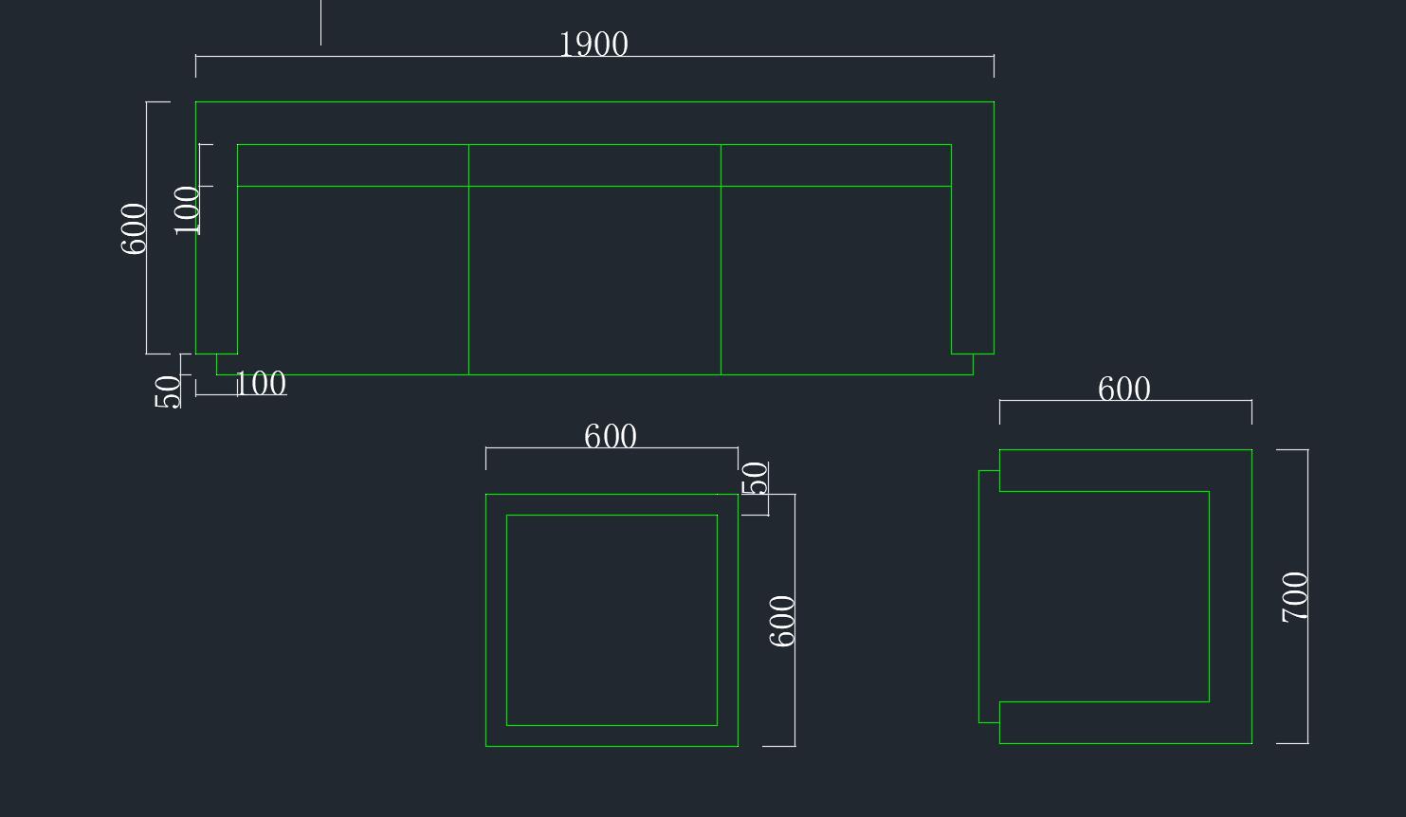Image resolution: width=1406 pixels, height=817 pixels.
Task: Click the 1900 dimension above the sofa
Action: pyautogui.click(x=593, y=45)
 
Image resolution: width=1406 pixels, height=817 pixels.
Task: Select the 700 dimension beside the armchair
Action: pyautogui.click(x=1294, y=596)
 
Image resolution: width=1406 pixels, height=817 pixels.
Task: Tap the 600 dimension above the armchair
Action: pyautogui.click(x=1124, y=390)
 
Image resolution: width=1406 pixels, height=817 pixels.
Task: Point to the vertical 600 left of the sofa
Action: pyautogui.click(x=134, y=228)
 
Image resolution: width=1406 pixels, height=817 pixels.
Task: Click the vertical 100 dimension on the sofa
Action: pyautogui.click(x=188, y=209)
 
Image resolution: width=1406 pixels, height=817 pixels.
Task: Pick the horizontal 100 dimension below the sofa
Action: pyautogui.click(x=260, y=384)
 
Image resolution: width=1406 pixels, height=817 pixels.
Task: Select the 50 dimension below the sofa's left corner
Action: pyautogui.click(x=168, y=391)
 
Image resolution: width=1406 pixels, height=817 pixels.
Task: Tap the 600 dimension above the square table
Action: pyautogui.click(x=611, y=437)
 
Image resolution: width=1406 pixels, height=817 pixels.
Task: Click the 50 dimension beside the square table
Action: pyautogui.click(x=755, y=479)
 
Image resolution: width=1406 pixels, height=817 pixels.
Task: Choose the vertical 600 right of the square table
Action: pyautogui.click(x=782, y=621)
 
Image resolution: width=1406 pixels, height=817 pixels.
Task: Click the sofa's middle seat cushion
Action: pyautogui.click(x=594, y=280)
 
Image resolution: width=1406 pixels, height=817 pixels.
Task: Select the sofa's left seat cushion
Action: pyautogui.click(x=353, y=280)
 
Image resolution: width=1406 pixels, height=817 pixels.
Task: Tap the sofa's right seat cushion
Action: pyautogui.click(x=836, y=280)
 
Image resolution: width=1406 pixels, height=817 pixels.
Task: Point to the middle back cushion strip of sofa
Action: pyautogui.click(x=594, y=166)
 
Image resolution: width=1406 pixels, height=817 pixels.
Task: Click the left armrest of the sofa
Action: pyautogui.click(x=216, y=256)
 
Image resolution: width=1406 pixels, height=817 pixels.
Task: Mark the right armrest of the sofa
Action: pyautogui.click(x=973, y=256)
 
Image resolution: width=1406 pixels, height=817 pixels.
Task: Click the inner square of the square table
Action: pyautogui.click(x=612, y=620)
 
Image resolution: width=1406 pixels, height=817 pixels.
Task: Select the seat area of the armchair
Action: pyautogui.click(x=1104, y=596)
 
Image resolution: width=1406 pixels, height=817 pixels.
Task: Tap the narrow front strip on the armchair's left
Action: pyautogui.click(x=989, y=596)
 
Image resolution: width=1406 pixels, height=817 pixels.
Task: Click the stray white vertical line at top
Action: pyautogui.click(x=320, y=22)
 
